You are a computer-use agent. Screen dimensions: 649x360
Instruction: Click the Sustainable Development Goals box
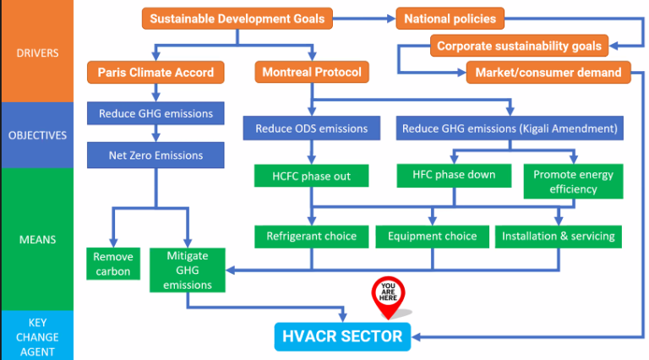(x=237, y=19)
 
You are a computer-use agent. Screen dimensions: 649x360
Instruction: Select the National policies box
(x=450, y=19)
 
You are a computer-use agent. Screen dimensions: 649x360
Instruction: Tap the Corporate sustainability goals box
(x=519, y=46)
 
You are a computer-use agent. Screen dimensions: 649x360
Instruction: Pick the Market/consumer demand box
(x=548, y=73)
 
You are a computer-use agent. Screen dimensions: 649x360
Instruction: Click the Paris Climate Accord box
(x=155, y=73)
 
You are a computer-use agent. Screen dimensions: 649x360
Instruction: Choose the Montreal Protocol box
(x=312, y=72)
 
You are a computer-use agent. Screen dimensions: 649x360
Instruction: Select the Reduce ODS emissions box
(x=312, y=128)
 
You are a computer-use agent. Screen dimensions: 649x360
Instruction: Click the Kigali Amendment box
(x=510, y=128)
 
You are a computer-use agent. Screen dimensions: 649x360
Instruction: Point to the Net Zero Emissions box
(x=155, y=155)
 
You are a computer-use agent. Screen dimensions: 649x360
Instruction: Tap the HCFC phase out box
(x=311, y=176)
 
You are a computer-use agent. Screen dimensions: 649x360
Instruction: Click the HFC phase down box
(x=454, y=176)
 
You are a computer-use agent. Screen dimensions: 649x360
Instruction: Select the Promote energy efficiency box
(x=573, y=182)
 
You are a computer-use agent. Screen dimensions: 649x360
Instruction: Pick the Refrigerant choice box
(x=311, y=237)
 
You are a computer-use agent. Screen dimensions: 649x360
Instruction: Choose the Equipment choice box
(x=432, y=237)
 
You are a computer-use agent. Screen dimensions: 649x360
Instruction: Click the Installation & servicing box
(x=559, y=237)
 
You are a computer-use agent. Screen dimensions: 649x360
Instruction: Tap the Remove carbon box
(x=113, y=264)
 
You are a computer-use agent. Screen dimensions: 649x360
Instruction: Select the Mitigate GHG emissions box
(x=188, y=270)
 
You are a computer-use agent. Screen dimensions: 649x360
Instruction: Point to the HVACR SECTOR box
(x=342, y=336)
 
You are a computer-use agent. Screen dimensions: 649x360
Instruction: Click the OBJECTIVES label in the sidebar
(x=37, y=135)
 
